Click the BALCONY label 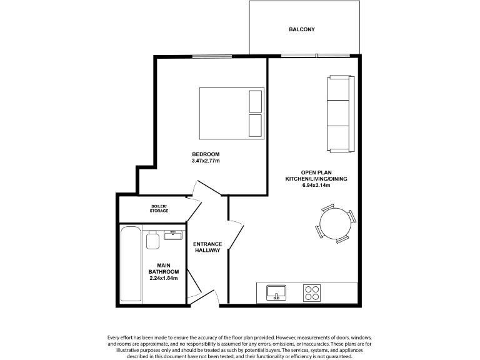click(301, 29)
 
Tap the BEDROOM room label click(206, 154)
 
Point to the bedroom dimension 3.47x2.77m click(206, 161)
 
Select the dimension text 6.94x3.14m click(316, 185)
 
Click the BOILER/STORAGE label click(159, 209)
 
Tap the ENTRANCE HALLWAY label click(207, 247)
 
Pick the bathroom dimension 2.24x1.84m click(164, 278)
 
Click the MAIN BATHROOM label click(164, 268)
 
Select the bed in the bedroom click(231, 113)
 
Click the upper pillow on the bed click(255, 100)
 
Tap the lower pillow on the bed click(255, 125)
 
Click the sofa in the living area click(339, 113)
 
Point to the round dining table click(336, 222)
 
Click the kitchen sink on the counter click(276, 292)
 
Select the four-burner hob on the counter click(312, 292)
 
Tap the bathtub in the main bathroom click(131, 264)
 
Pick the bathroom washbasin click(172, 235)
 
